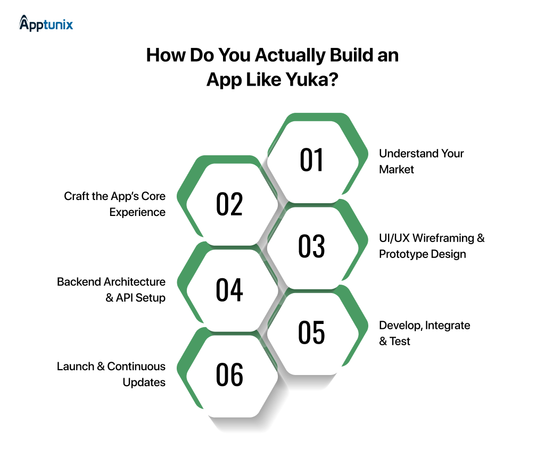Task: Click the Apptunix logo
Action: coord(46,23)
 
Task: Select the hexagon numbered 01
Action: coord(312,160)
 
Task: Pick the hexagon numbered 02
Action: coord(229,204)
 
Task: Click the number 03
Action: coord(312,246)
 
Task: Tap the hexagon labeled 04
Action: coord(229,290)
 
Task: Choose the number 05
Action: coord(312,332)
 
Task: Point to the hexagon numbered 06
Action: coord(229,375)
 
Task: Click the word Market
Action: coord(397,169)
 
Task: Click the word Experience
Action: coord(137,212)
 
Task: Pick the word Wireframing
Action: coord(442,238)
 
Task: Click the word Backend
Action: coord(79,281)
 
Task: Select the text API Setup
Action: coord(141,297)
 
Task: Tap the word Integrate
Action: coord(448,324)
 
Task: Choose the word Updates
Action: coord(144,382)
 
